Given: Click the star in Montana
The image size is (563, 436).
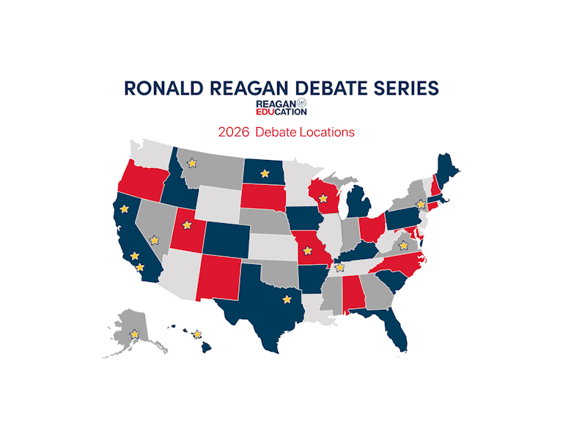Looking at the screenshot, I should [192, 164].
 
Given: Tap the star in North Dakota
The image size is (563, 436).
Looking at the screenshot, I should [264, 174].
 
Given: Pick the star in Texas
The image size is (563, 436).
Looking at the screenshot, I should [287, 299].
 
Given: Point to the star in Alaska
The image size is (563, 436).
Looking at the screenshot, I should [134, 334].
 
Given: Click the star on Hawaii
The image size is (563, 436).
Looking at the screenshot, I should [196, 335].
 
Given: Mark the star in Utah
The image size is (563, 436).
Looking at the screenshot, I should [186, 225].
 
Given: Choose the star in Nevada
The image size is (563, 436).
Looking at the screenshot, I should [154, 239].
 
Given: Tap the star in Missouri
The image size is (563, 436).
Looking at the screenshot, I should [306, 250].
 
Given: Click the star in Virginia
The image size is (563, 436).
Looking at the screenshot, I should [403, 245].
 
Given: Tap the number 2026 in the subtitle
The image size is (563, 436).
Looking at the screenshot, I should [232, 132].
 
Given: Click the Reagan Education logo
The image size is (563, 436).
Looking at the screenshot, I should [281, 108].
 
